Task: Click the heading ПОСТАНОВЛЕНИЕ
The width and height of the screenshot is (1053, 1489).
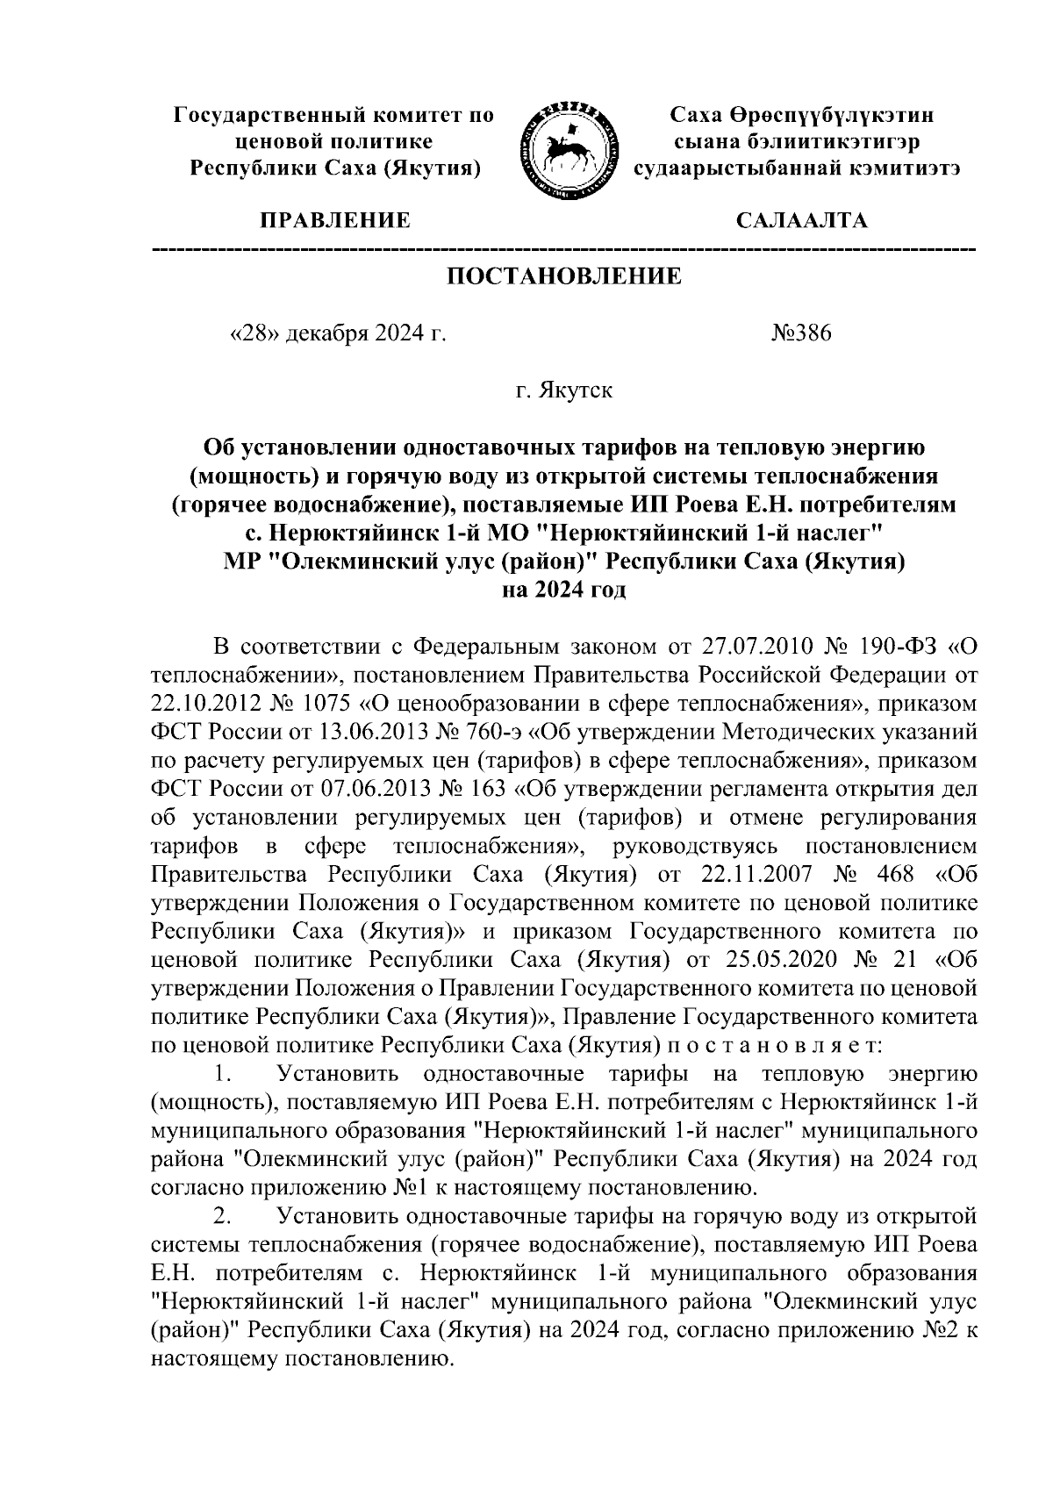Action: click(564, 276)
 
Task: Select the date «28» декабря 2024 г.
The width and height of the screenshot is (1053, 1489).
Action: click(337, 334)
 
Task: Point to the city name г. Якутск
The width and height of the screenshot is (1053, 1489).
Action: click(564, 390)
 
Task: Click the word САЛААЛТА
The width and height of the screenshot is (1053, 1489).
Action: click(801, 220)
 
